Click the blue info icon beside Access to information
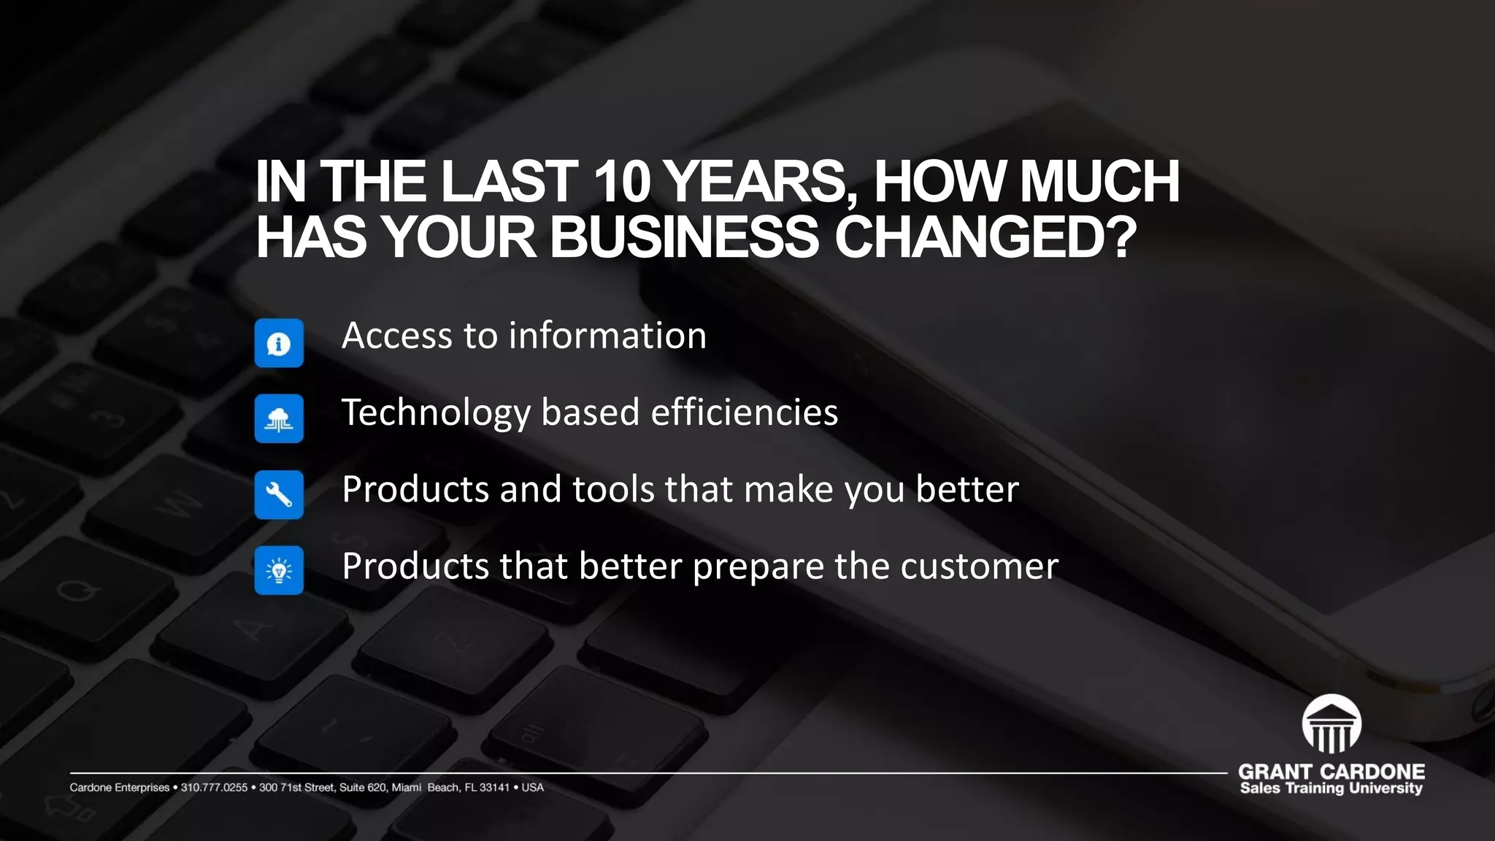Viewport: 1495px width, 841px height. click(x=279, y=343)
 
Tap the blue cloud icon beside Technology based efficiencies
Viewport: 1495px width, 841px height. click(x=279, y=419)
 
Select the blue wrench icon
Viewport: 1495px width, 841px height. click(x=279, y=495)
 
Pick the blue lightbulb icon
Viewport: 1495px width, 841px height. click(x=279, y=570)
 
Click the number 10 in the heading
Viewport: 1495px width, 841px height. click(x=621, y=182)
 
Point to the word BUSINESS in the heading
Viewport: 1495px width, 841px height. click(x=684, y=237)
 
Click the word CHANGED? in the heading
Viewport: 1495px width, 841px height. click(x=985, y=237)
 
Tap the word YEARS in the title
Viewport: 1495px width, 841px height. click(x=756, y=182)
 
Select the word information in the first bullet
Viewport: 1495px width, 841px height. click(x=607, y=336)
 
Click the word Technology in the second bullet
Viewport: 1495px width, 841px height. click(x=435, y=413)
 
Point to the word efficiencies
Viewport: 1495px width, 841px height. click(x=744, y=412)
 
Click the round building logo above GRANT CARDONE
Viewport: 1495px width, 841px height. click(x=1331, y=723)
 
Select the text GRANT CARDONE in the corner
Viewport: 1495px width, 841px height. click(x=1331, y=772)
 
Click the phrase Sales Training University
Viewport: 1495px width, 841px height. click(x=1331, y=788)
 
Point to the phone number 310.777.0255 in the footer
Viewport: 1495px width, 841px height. click(x=214, y=788)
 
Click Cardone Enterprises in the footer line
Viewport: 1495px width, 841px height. click(x=119, y=788)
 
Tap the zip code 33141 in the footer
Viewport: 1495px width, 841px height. click(x=494, y=788)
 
